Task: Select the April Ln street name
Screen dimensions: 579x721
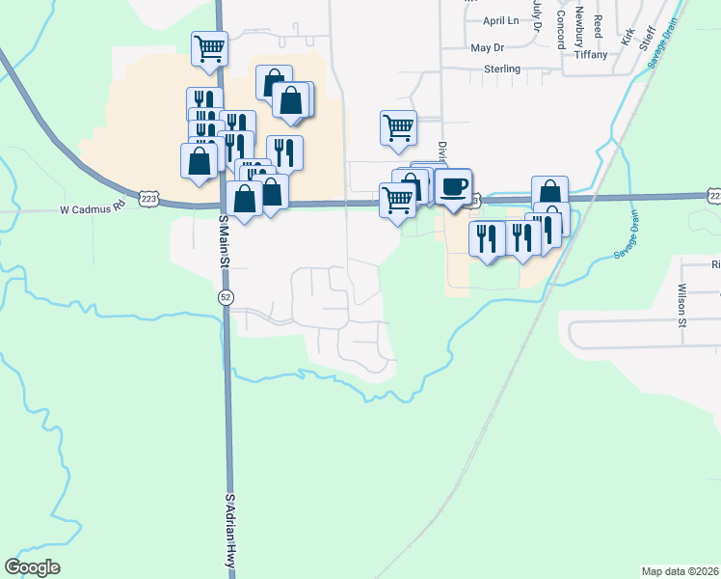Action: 501,20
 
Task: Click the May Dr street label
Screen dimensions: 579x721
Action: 488,47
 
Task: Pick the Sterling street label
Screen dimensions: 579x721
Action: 501,69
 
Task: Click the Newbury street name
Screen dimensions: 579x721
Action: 579,26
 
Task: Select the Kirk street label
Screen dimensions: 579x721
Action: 628,38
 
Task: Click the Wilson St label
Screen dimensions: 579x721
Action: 681,305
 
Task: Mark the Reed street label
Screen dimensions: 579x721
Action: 599,26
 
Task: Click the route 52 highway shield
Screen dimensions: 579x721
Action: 226,296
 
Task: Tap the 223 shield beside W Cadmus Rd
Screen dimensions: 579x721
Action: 148,198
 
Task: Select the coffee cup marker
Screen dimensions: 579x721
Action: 453,185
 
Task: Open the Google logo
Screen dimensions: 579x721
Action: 33,567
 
